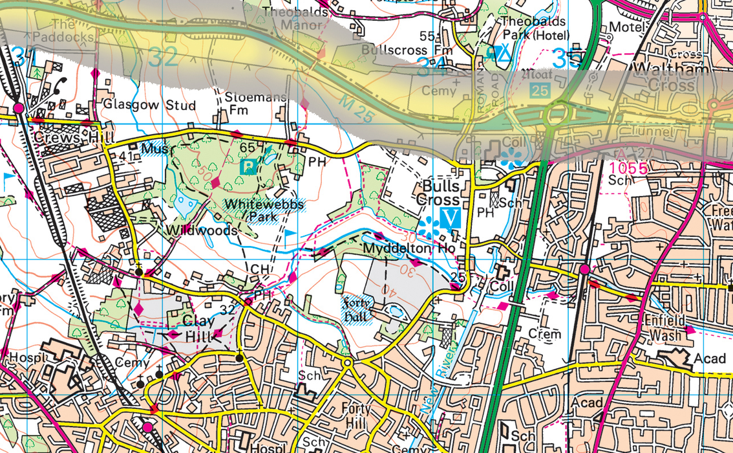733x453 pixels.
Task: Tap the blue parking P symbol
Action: (248, 167)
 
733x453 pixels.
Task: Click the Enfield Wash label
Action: (671, 328)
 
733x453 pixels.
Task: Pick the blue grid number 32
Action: (162, 58)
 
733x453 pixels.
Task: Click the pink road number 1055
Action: (628, 168)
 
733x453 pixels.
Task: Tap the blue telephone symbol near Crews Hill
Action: (63, 83)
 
